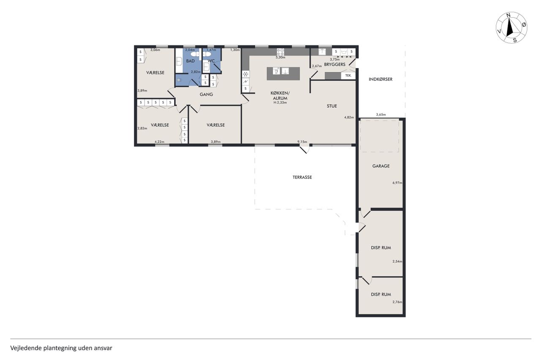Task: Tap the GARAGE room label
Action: point(381,166)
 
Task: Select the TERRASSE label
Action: point(302,177)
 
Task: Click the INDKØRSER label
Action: point(381,79)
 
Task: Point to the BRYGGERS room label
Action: point(334,64)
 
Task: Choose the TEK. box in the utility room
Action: point(348,76)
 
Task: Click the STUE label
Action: point(332,106)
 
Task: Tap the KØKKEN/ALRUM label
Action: point(280,96)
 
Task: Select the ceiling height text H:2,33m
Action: point(280,102)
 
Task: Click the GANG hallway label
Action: point(206,94)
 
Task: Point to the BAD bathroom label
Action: point(190,61)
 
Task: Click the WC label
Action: point(211,61)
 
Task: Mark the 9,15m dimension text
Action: point(302,142)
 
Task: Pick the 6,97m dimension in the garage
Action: point(397,183)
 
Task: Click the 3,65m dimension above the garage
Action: point(381,115)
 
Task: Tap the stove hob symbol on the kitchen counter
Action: point(280,52)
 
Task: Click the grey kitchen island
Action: point(283,74)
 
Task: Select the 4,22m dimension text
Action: point(159,142)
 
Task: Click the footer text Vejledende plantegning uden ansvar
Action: point(61,348)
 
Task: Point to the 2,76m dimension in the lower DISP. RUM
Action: point(397,302)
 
